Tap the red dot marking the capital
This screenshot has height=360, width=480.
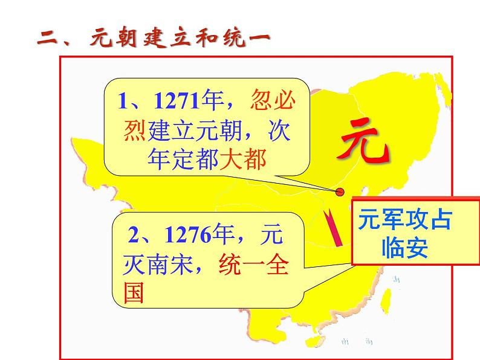click(x=340, y=192)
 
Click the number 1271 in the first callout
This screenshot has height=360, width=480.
click(x=177, y=100)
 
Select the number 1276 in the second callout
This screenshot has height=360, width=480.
click(x=188, y=234)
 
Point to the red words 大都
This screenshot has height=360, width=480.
click(x=243, y=159)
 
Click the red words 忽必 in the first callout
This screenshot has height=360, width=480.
click(x=273, y=100)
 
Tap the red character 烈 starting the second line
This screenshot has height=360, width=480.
click(x=135, y=130)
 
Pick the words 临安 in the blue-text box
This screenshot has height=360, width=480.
click(x=404, y=247)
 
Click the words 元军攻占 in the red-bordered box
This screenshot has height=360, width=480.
click(x=405, y=219)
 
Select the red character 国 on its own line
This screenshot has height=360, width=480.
click(x=134, y=292)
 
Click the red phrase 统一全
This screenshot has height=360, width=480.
click(x=254, y=265)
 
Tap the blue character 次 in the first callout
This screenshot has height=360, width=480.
click(x=279, y=130)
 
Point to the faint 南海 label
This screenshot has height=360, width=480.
click(x=357, y=341)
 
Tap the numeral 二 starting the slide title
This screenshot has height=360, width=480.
click(x=48, y=37)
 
